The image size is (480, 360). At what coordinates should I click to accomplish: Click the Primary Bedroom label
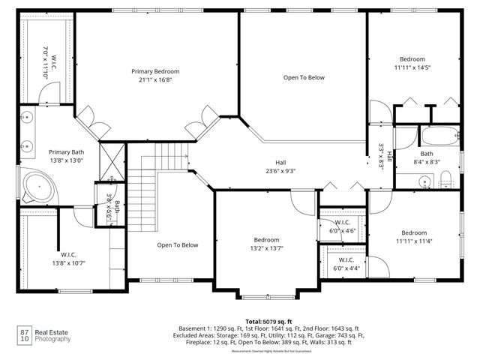pos(155,72)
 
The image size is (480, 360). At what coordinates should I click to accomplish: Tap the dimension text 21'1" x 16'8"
pos(155,81)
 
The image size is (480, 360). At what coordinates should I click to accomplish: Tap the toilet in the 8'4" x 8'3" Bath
pos(445,178)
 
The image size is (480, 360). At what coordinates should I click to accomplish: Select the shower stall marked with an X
pos(112,158)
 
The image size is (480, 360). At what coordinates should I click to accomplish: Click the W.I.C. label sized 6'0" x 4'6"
pos(342,226)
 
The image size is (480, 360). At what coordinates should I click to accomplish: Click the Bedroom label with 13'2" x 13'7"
pos(266,244)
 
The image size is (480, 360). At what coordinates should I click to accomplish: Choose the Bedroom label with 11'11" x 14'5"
pos(412,63)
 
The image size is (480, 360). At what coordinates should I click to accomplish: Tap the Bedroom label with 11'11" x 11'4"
pos(413,236)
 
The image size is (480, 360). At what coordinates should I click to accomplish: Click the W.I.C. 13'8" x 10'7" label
pos(67,259)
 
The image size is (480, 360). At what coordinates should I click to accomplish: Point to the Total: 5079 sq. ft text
pos(268,321)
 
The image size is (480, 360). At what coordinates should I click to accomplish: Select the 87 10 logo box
pos(25,335)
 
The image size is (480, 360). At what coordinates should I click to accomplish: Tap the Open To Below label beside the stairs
pos(177,245)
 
